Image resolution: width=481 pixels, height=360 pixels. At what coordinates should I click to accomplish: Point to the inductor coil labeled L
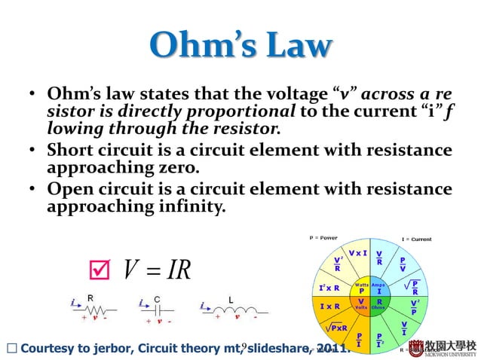click(x=234, y=308)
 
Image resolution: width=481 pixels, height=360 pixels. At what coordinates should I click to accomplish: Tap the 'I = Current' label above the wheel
click(x=417, y=239)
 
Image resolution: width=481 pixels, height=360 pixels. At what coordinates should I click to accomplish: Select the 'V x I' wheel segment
click(x=357, y=253)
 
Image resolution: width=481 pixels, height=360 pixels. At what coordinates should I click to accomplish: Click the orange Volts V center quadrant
click(x=361, y=304)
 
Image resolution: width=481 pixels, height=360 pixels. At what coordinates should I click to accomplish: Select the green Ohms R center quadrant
click(x=378, y=304)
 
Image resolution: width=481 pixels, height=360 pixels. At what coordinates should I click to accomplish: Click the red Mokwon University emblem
click(x=428, y=346)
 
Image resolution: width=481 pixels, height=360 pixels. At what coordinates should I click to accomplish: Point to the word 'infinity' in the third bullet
click(x=188, y=206)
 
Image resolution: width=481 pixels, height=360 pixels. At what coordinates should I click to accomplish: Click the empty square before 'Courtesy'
click(x=9, y=348)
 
